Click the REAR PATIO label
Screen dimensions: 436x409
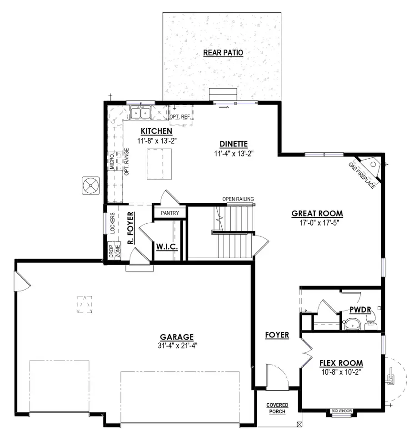[x=223, y=53]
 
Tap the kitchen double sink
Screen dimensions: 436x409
[x=140, y=112]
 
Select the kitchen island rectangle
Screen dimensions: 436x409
[x=155, y=165]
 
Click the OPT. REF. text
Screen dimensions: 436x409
[x=180, y=117]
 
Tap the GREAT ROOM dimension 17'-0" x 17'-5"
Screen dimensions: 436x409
[x=317, y=223]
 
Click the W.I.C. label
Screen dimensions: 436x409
[x=167, y=247]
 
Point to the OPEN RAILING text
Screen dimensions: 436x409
[x=238, y=199]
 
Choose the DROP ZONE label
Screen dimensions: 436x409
[x=114, y=251]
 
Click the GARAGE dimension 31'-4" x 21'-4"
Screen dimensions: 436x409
[x=177, y=345]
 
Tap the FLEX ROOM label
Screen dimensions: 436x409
[x=341, y=363]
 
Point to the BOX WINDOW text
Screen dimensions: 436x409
[x=342, y=411]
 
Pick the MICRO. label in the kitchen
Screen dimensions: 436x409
[x=112, y=161]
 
